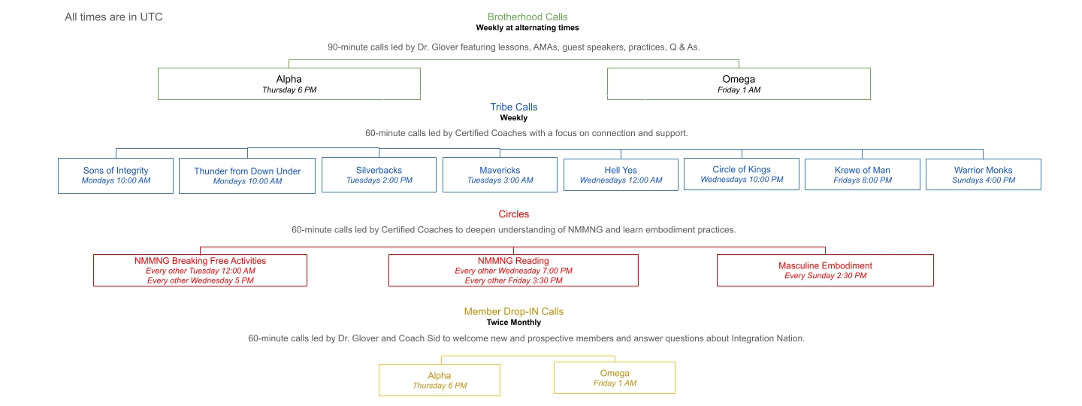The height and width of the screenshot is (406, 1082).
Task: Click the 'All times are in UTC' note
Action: point(113,17)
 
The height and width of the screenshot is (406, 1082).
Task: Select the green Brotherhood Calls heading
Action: point(527,17)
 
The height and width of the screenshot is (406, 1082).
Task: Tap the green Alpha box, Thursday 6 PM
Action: point(289,83)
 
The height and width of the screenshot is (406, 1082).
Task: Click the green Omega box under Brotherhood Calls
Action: point(739,83)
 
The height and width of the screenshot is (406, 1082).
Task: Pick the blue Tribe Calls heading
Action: point(514,107)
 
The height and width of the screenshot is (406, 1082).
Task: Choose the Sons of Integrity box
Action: point(116,175)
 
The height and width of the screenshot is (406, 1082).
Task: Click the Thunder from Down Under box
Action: point(247,176)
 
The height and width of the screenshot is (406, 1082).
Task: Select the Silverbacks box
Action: point(379,174)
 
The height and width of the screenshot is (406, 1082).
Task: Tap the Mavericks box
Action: point(500,174)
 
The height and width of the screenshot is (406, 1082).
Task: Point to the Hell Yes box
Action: point(621,174)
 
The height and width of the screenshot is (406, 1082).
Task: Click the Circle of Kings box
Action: point(742,174)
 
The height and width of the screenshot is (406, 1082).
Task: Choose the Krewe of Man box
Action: point(862,174)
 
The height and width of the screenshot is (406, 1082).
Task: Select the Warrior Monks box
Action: point(983,174)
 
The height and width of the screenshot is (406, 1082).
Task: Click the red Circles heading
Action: point(514,214)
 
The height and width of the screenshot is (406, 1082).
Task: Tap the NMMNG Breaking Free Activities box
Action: point(200,270)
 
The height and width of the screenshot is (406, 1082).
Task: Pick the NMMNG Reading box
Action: point(513,270)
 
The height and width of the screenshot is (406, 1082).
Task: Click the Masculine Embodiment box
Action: point(825,270)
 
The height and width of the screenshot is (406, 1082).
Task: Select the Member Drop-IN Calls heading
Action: point(514,311)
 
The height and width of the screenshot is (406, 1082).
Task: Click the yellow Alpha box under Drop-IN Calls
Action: point(440,380)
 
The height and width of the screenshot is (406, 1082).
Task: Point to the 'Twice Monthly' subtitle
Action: point(514,323)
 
